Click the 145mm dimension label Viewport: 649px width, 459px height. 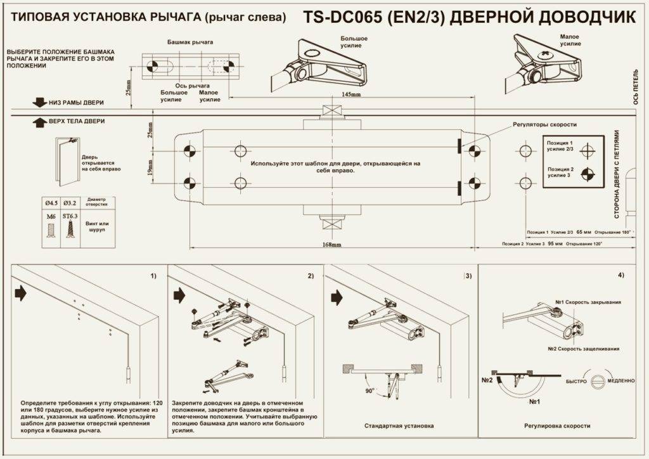click(351, 94)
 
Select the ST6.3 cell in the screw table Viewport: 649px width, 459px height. click(70, 216)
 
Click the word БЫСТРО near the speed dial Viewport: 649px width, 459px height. click(577, 380)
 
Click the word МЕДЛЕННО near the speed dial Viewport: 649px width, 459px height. click(620, 380)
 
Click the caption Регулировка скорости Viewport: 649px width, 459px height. click(558, 426)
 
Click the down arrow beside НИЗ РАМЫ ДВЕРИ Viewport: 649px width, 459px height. click(39, 102)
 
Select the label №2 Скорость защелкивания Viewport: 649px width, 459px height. click(584, 349)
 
